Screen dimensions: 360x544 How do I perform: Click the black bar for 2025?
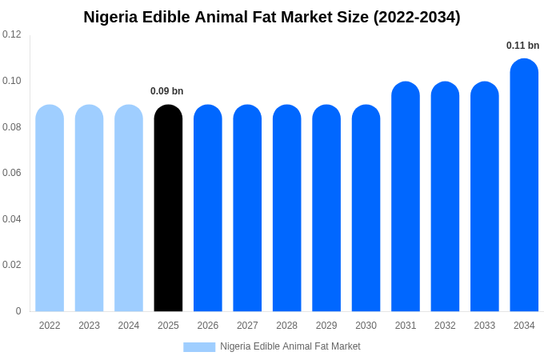[x=168, y=208]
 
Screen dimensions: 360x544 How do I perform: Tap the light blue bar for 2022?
[x=50, y=208]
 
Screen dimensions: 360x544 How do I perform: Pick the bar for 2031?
[x=406, y=197]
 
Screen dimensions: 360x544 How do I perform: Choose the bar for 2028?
[x=286, y=208]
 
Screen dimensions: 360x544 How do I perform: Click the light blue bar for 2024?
[x=129, y=208]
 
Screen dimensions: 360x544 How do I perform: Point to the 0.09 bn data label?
[x=167, y=91]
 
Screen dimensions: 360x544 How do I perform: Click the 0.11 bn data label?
[x=522, y=46]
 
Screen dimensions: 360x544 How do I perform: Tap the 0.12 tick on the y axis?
[x=12, y=34]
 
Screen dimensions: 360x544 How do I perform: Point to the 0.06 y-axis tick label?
[x=12, y=173]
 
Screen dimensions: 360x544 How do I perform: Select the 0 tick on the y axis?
[x=18, y=311]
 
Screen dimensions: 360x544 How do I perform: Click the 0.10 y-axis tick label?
[x=12, y=81]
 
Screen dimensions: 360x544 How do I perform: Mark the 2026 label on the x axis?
[x=208, y=326]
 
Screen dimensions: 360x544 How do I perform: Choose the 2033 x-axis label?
[x=485, y=326]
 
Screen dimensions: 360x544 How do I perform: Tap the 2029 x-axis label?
[x=326, y=326]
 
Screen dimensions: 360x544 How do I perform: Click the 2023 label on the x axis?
[x=89, y=326]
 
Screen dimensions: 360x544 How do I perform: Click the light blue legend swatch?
[x=199, y=347]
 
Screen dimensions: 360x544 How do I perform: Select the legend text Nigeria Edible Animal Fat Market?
[x=290, y=346]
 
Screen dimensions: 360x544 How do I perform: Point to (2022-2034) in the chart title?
[x=417, y=17]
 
